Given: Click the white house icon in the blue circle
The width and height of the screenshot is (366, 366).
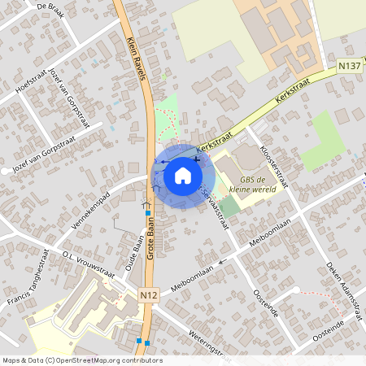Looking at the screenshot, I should coord(184,174).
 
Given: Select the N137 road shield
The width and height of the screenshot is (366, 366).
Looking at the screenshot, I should coord(349,64).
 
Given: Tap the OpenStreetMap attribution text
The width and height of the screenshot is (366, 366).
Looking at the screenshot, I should coord(81,360).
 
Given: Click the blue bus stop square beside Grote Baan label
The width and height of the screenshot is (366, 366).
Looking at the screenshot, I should coord(148,213).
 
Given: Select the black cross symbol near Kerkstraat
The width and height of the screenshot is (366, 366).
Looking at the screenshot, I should coord(197,159).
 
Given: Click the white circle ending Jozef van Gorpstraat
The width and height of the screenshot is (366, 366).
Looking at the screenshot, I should coord(15,170).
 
